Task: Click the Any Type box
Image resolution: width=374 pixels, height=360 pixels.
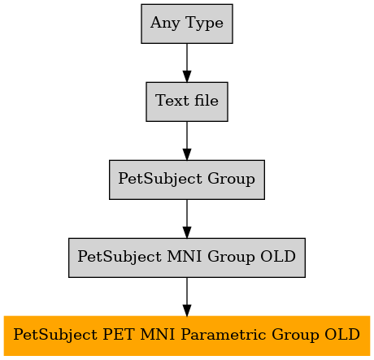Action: tap(187, 24)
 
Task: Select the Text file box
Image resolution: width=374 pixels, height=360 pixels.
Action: tap(187, 102)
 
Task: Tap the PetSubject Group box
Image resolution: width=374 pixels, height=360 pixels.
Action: tap(187, 180)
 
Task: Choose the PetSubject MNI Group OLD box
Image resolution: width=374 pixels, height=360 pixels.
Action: tap(187, 258)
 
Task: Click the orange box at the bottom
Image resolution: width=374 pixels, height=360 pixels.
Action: tap(187, 336)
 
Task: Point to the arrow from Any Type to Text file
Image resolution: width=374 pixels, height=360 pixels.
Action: tap(187, 63)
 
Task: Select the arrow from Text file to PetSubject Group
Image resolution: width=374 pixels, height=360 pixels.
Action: tap(187, 141)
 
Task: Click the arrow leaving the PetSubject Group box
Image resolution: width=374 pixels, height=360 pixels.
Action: tap(187, 219)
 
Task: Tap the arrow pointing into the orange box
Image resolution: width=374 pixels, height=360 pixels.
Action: tap(187, 297)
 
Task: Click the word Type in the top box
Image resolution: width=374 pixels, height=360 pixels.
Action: tap(204, 23)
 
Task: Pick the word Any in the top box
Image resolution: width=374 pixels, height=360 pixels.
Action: tap(165, 23)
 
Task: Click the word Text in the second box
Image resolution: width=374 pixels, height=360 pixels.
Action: tap(172, 101)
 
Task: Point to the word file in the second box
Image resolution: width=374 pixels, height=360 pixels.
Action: tap(207, 100)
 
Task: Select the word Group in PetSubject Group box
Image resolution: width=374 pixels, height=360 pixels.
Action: tap(231, 179)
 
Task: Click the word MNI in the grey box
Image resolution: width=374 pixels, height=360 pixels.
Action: tap(185, 256)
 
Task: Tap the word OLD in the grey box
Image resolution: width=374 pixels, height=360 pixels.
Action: tap(278, 256)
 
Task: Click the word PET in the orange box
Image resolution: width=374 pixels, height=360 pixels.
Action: tap(119, 334)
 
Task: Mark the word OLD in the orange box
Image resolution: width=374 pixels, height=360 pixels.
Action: tap(342, 334)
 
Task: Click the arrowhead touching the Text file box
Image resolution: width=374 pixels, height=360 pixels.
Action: tap(187, 76)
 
